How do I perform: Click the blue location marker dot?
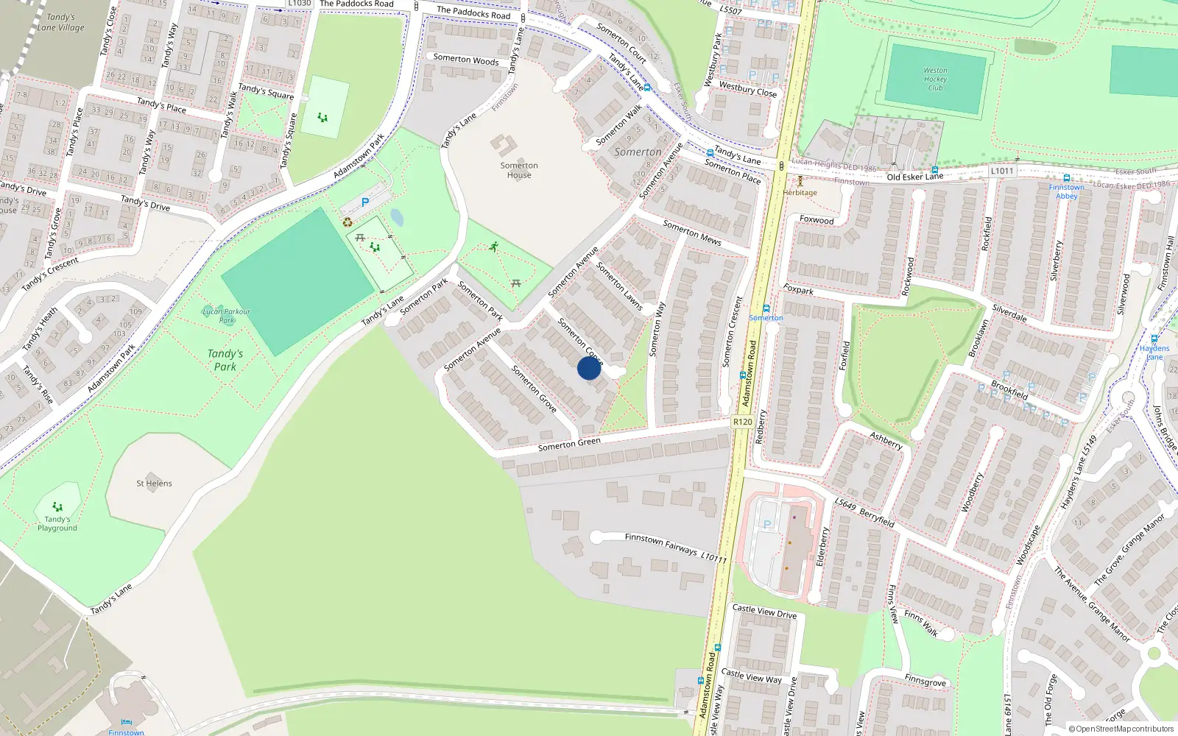[588, 368]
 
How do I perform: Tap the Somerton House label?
[519, 170]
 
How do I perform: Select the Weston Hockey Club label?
[935, 79]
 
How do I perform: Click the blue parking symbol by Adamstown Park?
[364, 202]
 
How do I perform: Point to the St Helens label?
[154, 484]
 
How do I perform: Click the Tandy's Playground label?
[57, 523]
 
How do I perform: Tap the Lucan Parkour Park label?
[226, 316]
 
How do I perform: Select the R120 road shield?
[742, 422]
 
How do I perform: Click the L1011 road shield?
[1001, 171]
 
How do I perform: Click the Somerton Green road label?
[569, 444]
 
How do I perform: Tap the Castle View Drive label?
[764, 612]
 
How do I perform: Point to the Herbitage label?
[800, 193]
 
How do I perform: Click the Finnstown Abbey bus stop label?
[1066, 191]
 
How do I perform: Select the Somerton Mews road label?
[692, 233]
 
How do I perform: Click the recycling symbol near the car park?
[348, 222]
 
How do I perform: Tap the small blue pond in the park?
[397, 217]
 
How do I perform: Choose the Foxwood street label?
[817, 220]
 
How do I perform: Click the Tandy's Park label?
[225, 360]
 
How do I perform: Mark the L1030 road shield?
[299, 4]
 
